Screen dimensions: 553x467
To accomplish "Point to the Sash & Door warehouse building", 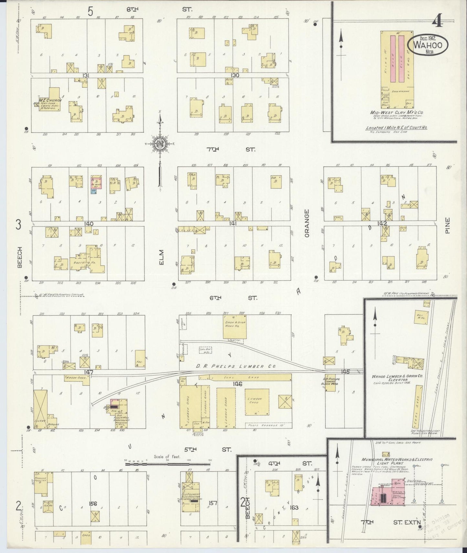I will (235, 326).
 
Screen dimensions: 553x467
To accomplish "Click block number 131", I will (86, 75).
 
